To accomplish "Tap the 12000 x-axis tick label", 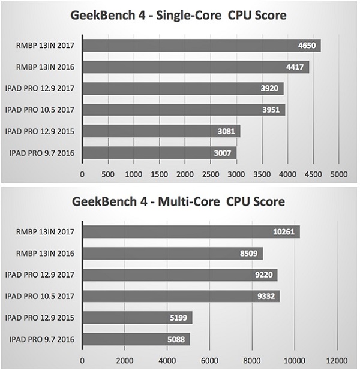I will [337, 361].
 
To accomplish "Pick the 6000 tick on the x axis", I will [209, 361].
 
